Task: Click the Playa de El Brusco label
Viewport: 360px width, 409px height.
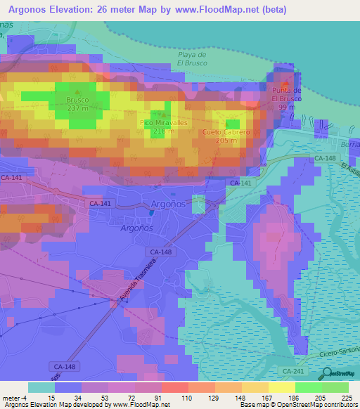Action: click(191, 58)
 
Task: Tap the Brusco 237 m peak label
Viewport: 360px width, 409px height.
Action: click(78, 104)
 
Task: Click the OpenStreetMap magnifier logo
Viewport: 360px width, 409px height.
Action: click(328, 373)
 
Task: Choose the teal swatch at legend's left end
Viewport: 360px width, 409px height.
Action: click(41, 387)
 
